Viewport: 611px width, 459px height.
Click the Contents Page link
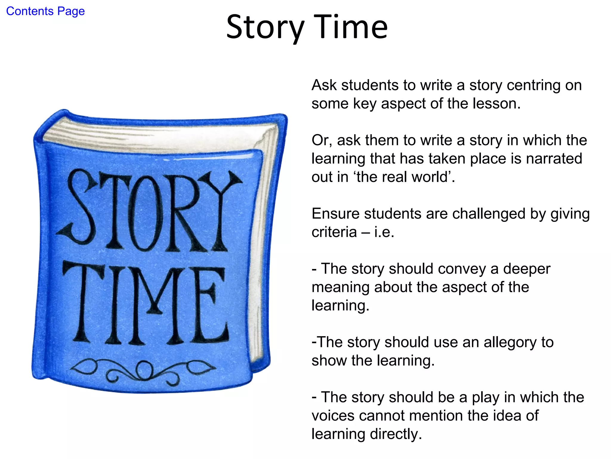pos(45,11)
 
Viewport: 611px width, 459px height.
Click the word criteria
pos(334,232)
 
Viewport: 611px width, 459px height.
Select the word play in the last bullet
pos(485,397)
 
